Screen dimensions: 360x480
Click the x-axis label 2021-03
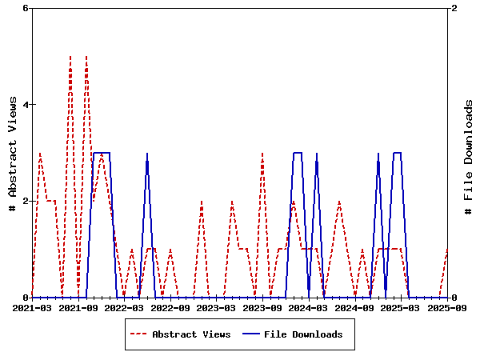[32, 307]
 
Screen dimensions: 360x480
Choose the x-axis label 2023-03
[217, 307]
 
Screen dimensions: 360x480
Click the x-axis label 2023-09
[262, 307]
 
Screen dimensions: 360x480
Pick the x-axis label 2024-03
[309, 307]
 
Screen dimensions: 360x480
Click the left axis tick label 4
[26, 105]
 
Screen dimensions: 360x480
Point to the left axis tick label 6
[26, 8]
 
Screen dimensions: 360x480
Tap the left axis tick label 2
[26, 201]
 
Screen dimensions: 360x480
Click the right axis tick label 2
[455, 8]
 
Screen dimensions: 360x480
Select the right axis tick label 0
[455, 298]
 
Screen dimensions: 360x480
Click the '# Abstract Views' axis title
[13, 153]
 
